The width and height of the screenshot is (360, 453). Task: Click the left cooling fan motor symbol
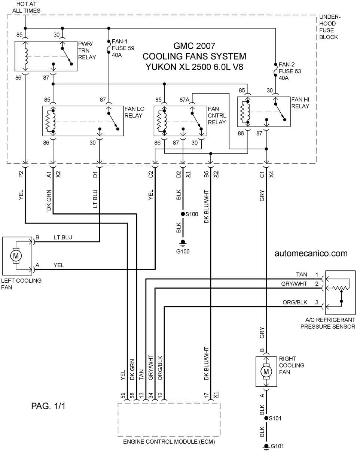[16, 256]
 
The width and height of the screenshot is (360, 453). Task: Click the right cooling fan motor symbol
[266, 371]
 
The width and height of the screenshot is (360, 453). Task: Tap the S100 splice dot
[183, 214]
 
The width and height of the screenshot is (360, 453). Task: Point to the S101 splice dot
[266, 418]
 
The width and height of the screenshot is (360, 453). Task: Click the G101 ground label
[277, 446]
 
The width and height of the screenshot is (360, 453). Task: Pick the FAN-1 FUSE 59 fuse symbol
[109, 46]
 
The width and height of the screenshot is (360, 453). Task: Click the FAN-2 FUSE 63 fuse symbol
[275, 70]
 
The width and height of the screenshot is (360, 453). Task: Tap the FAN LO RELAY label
[134, 112]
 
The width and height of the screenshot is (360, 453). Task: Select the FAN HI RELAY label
[300, 103]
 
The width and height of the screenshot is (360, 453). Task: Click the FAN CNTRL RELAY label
[217, 115]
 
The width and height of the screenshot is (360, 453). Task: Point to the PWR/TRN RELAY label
[87, 51]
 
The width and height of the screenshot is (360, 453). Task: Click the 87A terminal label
[184, 100]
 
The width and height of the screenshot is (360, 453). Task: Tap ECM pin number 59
[123, 395]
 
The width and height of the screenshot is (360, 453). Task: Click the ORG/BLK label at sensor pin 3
[295, 302]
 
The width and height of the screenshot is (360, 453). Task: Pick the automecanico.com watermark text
[311, 253]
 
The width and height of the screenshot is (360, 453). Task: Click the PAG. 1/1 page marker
[48, 406]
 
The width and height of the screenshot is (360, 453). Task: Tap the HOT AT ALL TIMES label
[26, 7]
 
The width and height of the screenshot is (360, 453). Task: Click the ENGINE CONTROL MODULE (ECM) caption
[169, 442]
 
